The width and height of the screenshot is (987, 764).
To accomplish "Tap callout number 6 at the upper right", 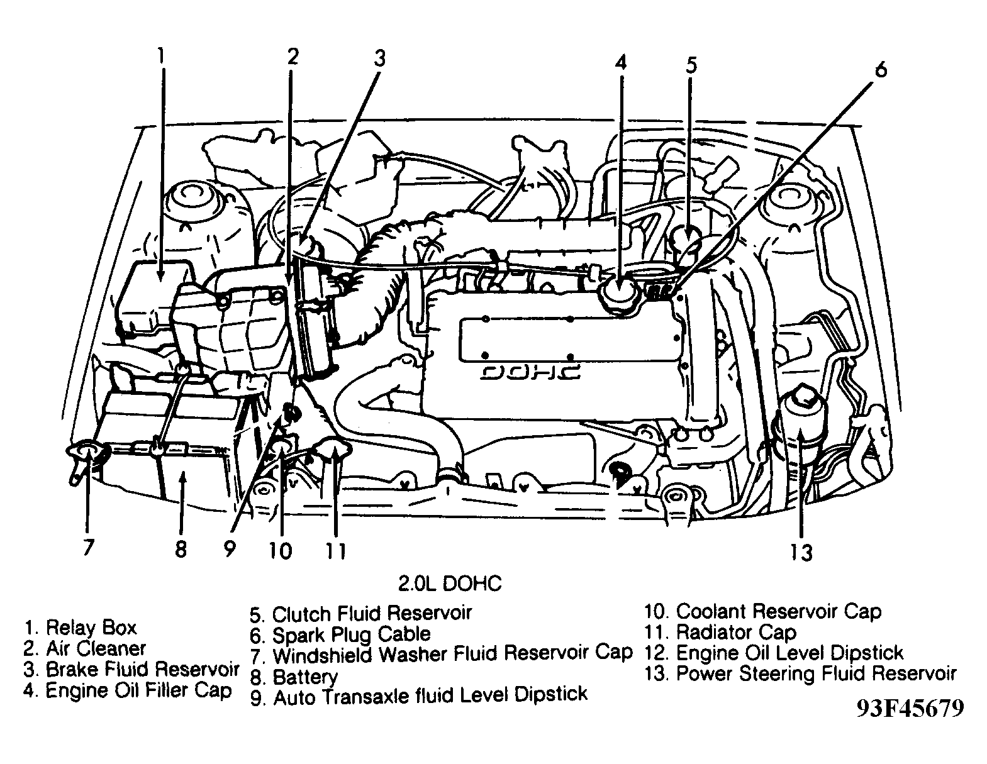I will click(x=881, y=69).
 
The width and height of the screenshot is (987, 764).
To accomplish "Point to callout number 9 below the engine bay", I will click(x=229, y=549).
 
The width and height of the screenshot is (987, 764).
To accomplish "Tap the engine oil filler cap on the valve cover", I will click(x=620, y=291).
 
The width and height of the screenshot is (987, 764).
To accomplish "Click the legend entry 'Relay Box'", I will click(x=79, y=627).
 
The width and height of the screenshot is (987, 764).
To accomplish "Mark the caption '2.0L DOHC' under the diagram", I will click(x=450, y=584).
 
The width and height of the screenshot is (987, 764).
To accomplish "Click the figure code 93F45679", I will click(x=909, y=708).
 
